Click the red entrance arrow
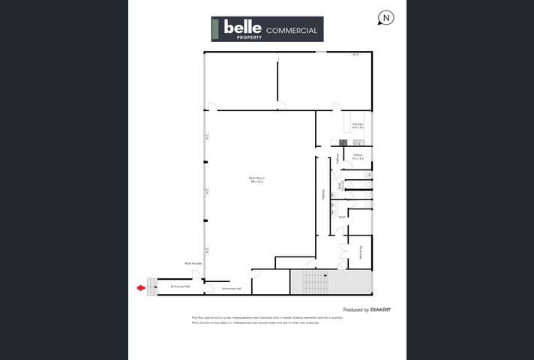click(141, 286)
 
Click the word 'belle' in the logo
click(238, 27)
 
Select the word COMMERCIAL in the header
click(292, 31)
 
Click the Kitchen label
click(358, 125)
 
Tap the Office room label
click(358, 156)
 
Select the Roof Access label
click(193, 263)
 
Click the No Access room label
click(361, 253)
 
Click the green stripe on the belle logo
click(215, 28)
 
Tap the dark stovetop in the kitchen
click(343, 142)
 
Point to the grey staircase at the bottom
click(314, 282)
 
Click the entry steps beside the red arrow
click(152, 286)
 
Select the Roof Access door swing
click(196, 275)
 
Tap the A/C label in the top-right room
click(356, 55)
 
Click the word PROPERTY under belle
click(248, 37)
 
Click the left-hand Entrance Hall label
click(180, 286)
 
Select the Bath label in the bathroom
click(341, 217)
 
